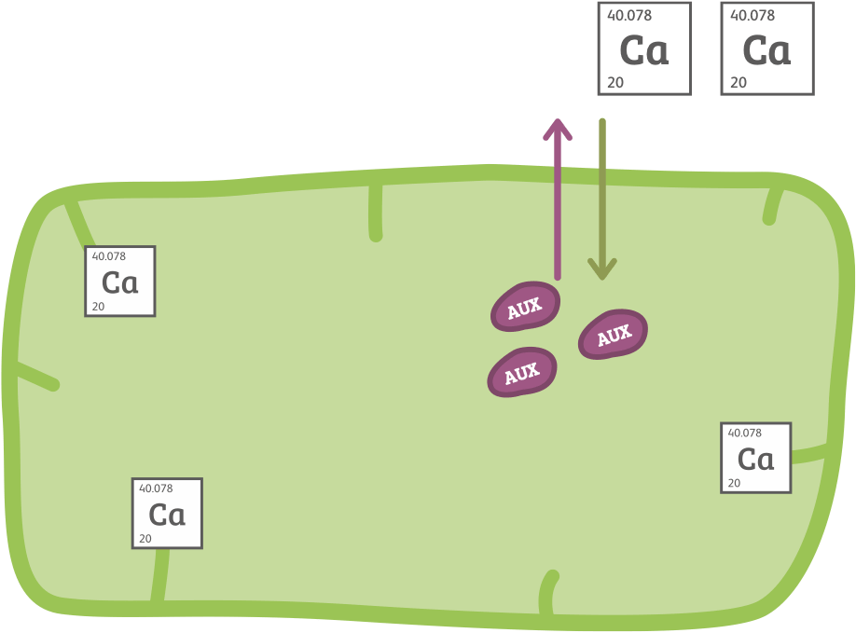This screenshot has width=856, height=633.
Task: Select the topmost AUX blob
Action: click(x=525, y=307)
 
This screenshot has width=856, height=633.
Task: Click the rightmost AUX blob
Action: click(x=613, y=334)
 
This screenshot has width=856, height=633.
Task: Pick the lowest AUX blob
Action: click(x=522, y=372)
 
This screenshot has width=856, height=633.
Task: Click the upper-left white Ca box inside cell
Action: click(x=119, y=282)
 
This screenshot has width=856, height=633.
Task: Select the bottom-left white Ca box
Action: click(x=167, y=514)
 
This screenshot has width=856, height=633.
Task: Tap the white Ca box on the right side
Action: click(x=755, y=458)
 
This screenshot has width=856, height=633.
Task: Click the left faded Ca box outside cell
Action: click(x=644, y=48)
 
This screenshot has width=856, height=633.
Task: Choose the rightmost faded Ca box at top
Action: click(x=767, y=48)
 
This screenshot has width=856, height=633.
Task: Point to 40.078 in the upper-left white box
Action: click(x=109, y=256)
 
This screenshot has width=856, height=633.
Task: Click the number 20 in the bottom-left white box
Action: click(x=145, y=539)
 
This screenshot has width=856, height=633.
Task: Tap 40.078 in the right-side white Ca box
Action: click(x=744, y=433)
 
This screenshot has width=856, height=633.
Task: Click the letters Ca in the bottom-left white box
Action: click(x=167, y=515)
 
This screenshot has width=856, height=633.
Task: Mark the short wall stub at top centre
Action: click(x=376, y=210)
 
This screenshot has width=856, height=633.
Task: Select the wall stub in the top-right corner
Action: click(x=773, y=205)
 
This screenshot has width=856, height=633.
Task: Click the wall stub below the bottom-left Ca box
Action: click(x=159, y=575)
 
